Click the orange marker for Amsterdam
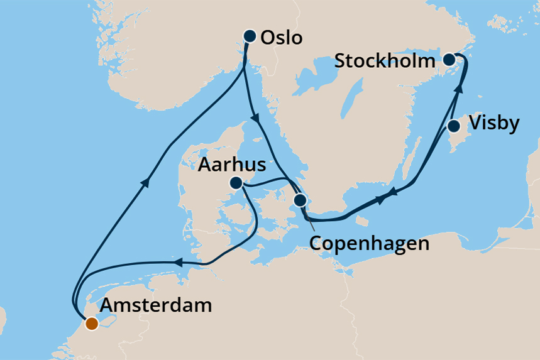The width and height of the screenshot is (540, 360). click(92, 324)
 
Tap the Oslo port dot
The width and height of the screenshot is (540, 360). click(250, 36)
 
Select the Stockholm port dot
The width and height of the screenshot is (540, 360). click(449, 60)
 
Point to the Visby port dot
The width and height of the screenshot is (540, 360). click(453, 126)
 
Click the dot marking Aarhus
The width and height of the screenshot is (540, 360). click(236, 183)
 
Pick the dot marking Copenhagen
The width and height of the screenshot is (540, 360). click(300, 200)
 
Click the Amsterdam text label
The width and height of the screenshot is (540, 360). click(156, 307)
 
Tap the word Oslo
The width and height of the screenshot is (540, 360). click(281, 38)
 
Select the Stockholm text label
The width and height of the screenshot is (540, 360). click(385, 61)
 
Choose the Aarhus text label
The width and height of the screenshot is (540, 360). click(231, 165)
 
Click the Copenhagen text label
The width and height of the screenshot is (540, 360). click(370, 243)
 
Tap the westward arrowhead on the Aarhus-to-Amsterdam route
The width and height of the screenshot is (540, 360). click(178, 263)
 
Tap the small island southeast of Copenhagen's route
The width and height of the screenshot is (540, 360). click(360, 221)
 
